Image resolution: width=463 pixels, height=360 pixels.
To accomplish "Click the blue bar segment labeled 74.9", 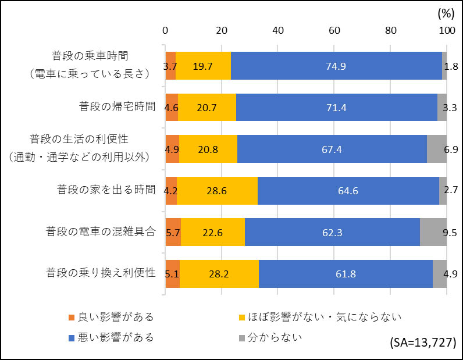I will point(336,66).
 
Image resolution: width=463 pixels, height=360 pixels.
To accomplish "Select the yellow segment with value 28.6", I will point(217,190).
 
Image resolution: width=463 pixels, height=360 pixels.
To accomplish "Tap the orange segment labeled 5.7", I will point(173,231).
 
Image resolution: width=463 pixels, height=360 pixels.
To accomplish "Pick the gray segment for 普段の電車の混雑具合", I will point(433,231).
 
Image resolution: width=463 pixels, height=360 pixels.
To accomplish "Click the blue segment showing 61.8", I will point(346,273).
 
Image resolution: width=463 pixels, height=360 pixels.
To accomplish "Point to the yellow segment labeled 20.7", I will point(206,107).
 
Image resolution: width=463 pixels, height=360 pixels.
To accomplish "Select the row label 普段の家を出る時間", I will point(106,190).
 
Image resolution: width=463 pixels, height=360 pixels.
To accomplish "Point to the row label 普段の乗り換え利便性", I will point(101,272).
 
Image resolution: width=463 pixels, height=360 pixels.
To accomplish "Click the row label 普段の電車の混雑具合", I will point(101,231).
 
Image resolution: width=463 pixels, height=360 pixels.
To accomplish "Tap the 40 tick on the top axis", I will point(277,30).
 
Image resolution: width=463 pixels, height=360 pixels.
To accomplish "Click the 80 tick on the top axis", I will point(390,30).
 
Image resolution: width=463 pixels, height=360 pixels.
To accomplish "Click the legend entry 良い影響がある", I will point(111,317).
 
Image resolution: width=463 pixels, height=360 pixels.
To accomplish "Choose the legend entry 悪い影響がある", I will point(111,337).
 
